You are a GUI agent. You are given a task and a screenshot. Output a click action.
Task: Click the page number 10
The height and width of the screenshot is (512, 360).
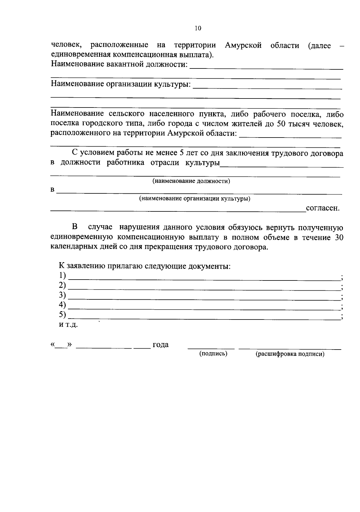pos(198,28)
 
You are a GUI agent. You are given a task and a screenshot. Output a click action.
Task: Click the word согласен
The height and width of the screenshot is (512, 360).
pos(322,208)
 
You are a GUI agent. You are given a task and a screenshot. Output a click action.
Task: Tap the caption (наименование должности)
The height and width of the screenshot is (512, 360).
pos(191,181)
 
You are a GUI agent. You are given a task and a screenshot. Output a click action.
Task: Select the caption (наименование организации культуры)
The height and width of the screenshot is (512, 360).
pos(195,198)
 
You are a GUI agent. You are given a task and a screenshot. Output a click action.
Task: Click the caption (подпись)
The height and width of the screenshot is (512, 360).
pos(213,354)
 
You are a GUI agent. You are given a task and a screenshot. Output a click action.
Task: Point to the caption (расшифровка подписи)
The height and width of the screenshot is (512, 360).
pos(290,354)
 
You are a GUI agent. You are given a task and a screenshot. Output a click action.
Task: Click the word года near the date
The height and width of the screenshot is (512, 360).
pos(160,345)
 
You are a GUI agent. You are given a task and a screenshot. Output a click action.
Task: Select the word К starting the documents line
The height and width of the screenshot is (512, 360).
pos(61,266)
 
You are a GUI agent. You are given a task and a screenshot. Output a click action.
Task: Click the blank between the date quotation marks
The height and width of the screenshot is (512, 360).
pos(61,345)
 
